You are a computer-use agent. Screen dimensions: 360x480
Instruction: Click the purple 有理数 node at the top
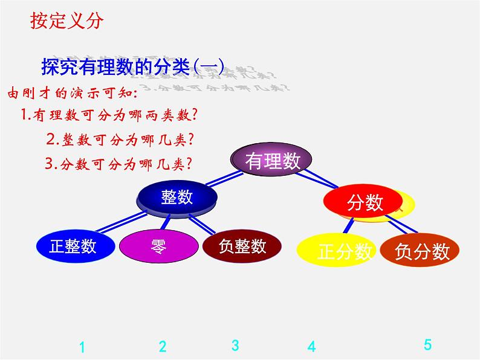272,160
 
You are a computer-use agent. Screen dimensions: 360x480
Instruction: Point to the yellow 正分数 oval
337,251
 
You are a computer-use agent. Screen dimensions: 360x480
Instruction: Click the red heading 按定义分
67,21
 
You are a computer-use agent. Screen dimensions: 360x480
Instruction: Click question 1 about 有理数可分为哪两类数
110,114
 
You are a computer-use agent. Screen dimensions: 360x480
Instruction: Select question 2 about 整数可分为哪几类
120,140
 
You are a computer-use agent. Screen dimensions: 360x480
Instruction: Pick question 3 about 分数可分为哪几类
118,163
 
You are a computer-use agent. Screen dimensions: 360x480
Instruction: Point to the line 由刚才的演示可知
72,94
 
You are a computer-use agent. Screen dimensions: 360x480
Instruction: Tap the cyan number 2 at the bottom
163,347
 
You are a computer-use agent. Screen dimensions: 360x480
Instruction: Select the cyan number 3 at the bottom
235,346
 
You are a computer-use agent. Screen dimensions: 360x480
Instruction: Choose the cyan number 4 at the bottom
311,347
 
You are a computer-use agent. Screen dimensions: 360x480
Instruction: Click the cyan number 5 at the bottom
427,346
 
